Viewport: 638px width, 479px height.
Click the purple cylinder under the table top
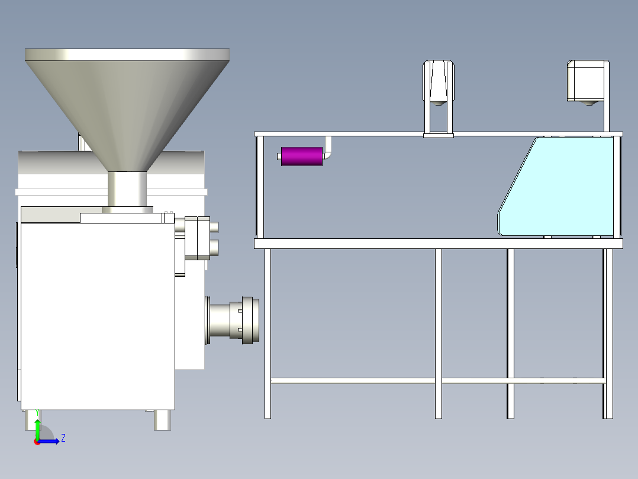tap(301, 157)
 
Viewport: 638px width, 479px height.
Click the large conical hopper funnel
tap(127, 114)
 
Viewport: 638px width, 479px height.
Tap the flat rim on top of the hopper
tap(127, 55)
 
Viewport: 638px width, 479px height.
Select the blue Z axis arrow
tap(48, 441)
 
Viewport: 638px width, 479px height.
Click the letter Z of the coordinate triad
tap(63, 438)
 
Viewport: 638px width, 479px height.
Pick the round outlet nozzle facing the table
tap(233, 320)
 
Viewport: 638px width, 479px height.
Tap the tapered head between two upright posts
tap(438, 82)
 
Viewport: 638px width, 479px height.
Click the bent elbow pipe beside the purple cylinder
tap(327, 149)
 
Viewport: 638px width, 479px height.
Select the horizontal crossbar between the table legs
tap(438, 381)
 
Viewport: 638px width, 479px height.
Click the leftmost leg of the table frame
tap(268, 334)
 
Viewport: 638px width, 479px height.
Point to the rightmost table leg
tap(608, 334)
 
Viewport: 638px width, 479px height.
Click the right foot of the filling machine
tap(162, 420)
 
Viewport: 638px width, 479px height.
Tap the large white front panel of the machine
tap(98, 317)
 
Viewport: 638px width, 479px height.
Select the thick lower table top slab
tap(438, 244)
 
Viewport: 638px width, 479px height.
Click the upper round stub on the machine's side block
tap(214, 227)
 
